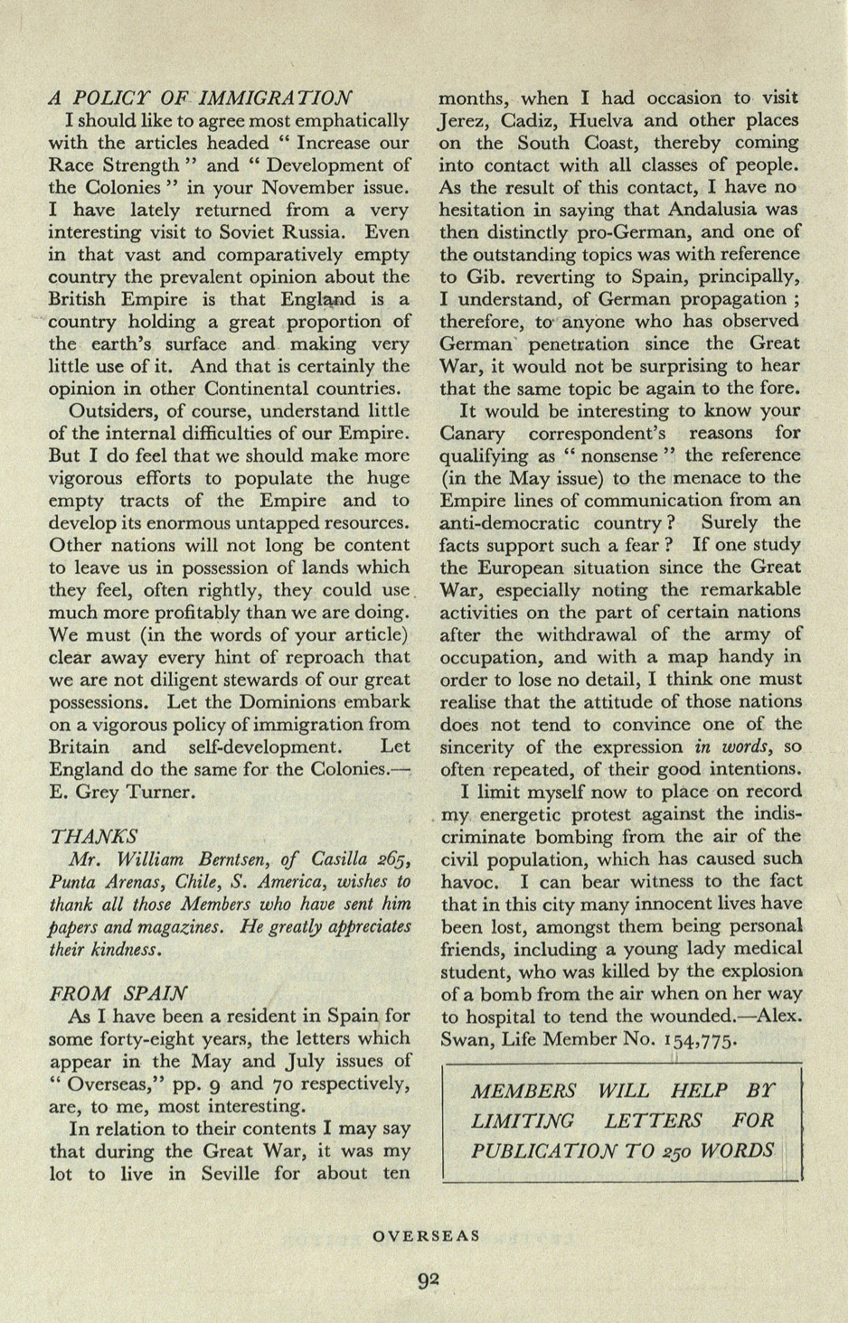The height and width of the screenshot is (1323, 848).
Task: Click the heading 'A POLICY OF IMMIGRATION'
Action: coord(201,98)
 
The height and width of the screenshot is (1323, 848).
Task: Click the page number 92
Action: coord(429,1279)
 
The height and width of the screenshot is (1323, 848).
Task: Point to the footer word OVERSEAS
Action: coord(427,1235)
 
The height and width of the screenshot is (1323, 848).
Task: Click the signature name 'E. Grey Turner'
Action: coord(120,793)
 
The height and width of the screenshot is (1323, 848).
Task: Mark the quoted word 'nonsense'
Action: coord(631,455)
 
